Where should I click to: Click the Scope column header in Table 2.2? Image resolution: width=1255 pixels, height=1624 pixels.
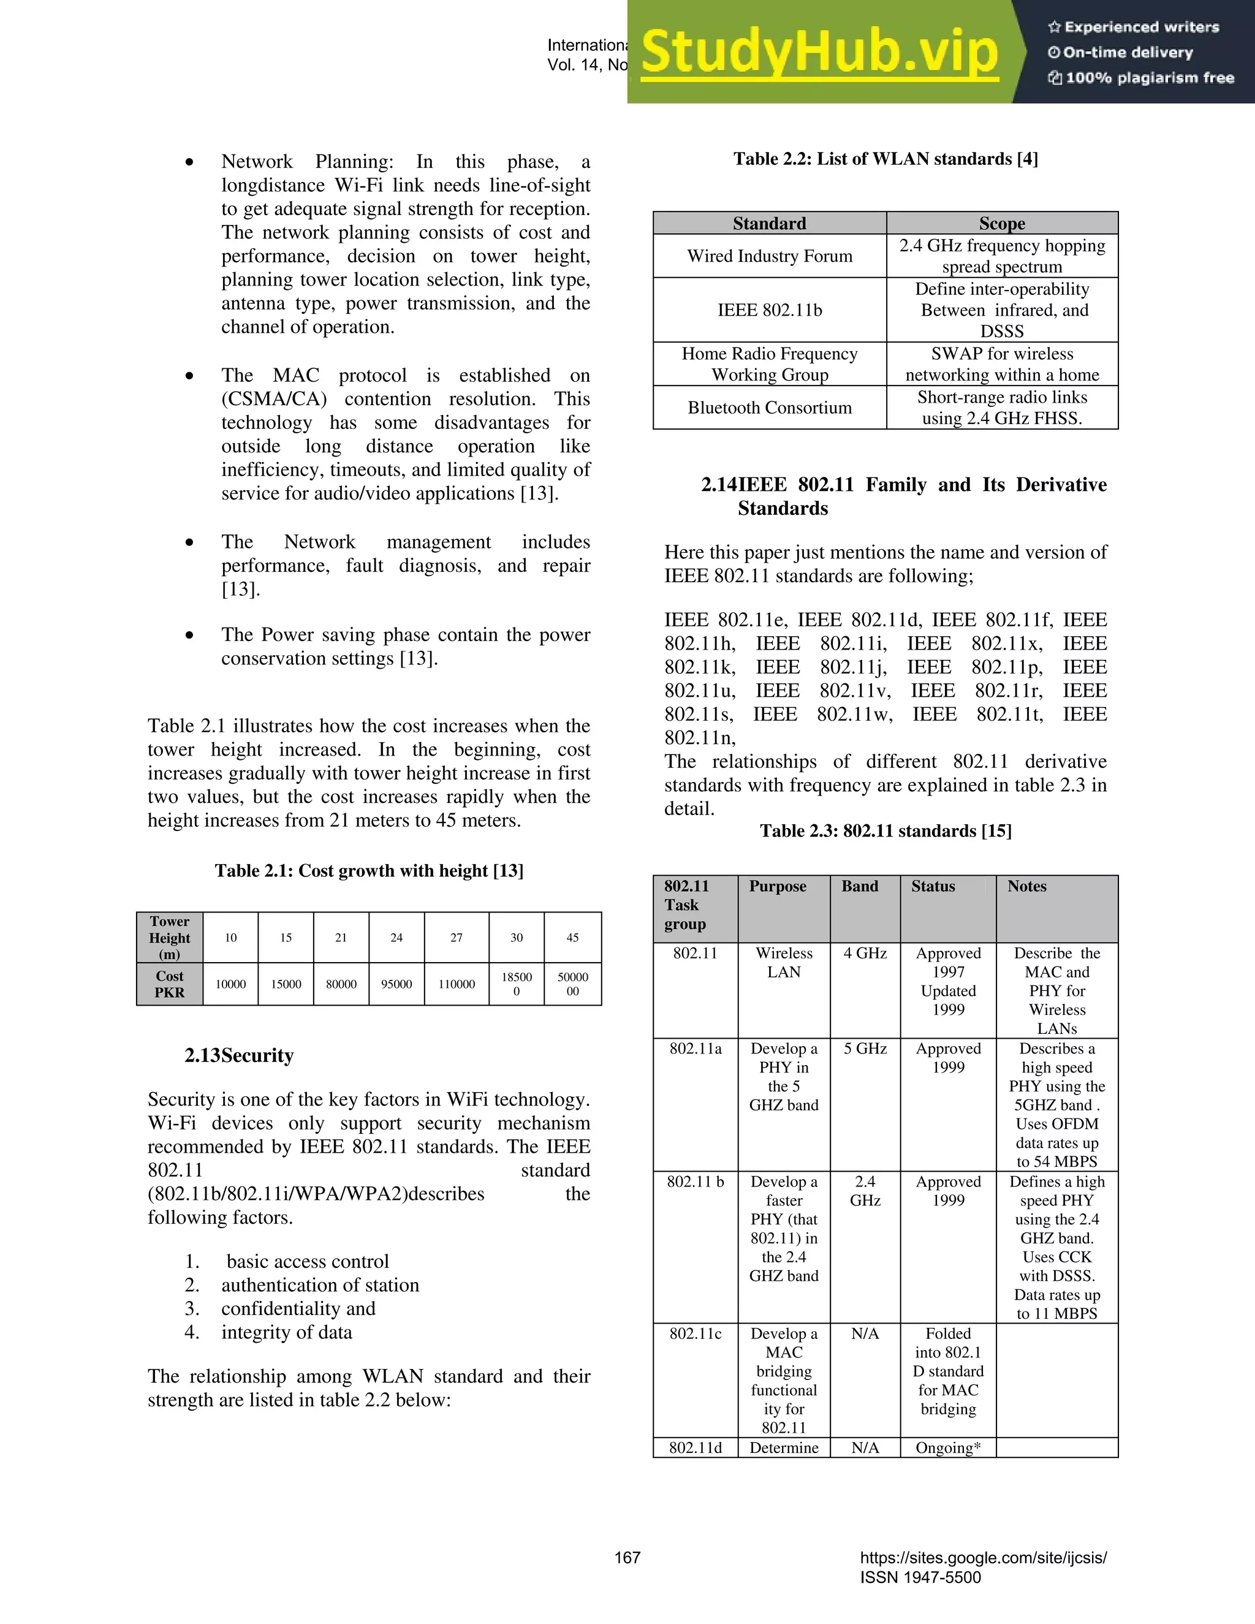tap(1001, 223)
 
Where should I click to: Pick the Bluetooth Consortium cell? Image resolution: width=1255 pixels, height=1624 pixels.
tap(770, 408)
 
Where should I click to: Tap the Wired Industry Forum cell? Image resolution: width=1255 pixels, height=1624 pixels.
tap(770, 256)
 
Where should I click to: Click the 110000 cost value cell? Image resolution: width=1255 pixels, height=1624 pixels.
tap(457, 984)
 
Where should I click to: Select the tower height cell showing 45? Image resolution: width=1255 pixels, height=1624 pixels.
tap(572, 938)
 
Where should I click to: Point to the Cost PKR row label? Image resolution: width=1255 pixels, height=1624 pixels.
tap(170, 984)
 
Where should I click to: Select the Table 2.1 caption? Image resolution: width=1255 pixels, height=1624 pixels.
tap(369, 871)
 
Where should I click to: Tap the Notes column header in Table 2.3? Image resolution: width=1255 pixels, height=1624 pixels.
tap(1027, 886)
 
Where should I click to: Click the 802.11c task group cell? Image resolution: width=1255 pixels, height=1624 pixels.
tap(695, 1334)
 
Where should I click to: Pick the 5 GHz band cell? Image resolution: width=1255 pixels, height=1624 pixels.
tap(865, 1049)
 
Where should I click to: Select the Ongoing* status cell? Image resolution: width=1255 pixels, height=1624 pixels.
tap(948, 1447)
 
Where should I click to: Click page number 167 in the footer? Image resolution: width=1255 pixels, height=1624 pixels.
tap(627, 1557)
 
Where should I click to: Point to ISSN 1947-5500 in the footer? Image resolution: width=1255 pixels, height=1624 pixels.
tap(920, 1577)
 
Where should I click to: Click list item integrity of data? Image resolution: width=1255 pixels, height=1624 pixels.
tap(286, 1332)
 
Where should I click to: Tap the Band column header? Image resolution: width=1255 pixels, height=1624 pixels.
tap(860, 886)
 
